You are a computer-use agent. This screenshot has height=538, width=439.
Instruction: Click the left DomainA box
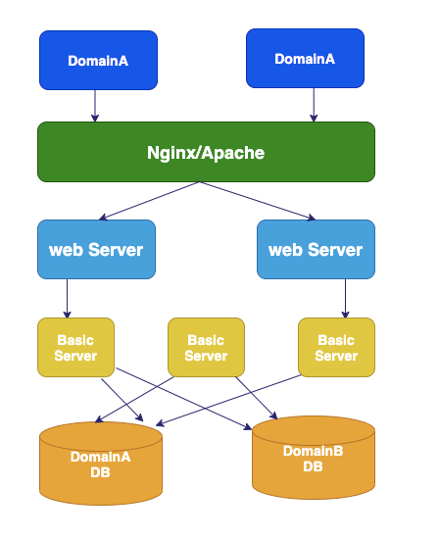pos(98,61)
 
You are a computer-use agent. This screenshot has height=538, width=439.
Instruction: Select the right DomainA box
pos(306,59)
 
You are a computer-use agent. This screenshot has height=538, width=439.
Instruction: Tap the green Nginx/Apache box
pos(206,152)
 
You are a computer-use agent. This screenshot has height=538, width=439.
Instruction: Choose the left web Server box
pos(96,250)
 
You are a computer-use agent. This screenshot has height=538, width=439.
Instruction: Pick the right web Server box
pos(316,250)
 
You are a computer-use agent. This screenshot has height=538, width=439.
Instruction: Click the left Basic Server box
pos(75,347)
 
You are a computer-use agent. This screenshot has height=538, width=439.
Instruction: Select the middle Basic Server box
pos(206,347)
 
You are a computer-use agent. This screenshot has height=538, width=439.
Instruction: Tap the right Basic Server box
pos(336,347)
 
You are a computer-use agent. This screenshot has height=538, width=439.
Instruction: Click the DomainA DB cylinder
pos(101,464)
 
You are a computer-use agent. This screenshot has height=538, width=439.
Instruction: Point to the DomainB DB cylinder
pos(314,458)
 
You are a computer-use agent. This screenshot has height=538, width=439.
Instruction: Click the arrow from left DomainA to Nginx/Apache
pos(95,106)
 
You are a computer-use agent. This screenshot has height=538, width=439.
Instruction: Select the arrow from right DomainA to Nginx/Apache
pos(314,105)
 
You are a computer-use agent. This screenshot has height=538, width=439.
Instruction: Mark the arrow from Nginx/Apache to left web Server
pos(149,201)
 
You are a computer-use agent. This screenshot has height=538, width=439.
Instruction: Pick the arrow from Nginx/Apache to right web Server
pos(257,201)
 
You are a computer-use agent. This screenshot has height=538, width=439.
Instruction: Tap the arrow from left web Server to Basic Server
pos(68,299)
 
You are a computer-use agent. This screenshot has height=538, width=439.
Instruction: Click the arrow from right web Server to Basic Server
pos(345,299)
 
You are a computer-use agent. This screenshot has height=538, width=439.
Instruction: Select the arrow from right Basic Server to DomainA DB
pos(228,401)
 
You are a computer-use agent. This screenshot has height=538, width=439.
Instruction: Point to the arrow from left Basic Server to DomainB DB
pos(184,399)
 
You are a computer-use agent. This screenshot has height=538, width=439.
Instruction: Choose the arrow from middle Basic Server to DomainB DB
pos(257,398)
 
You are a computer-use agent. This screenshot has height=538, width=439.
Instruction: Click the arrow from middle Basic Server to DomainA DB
pos(134,400)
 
